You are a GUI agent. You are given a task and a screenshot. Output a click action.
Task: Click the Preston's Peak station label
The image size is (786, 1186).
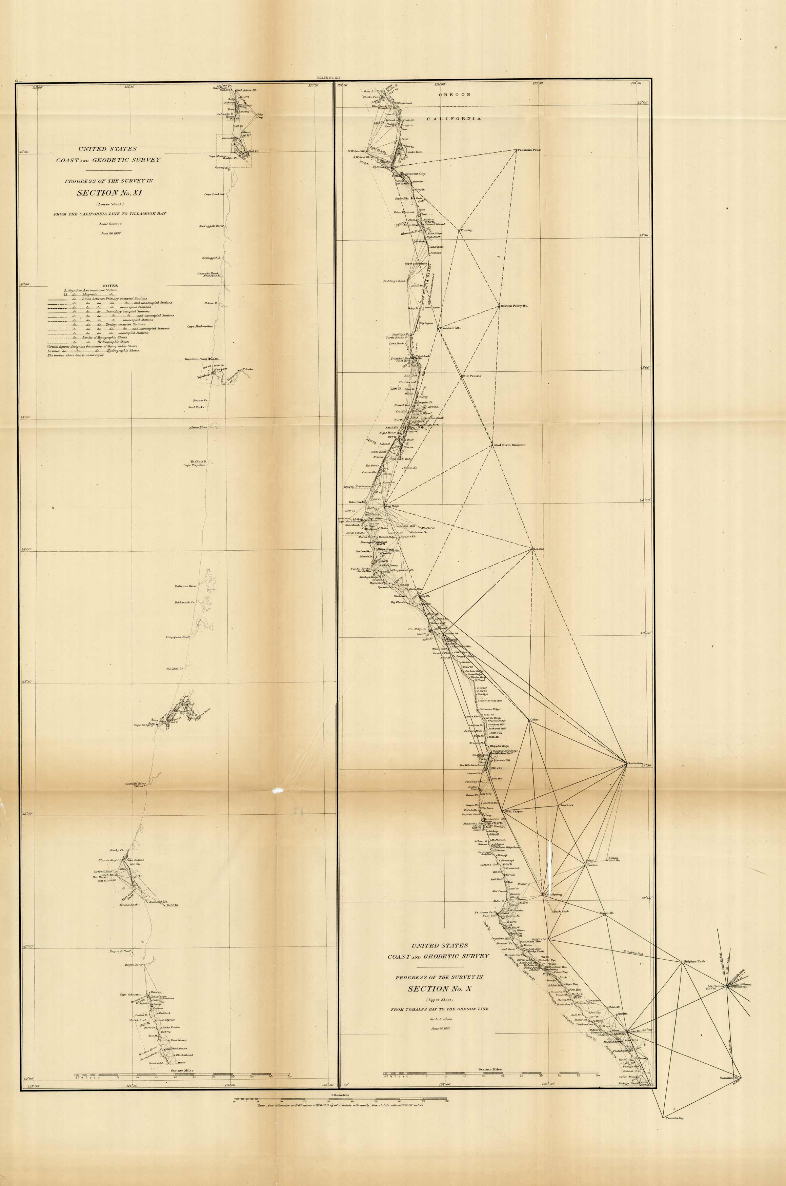(x=529, y=150)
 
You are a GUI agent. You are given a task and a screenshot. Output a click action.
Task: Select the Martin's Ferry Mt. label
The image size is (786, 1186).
(x=514, y=306)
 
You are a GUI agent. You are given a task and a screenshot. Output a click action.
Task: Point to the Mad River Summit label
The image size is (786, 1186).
(x=510, y=445)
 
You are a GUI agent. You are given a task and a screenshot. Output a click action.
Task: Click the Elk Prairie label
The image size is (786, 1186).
(x=472, y=376)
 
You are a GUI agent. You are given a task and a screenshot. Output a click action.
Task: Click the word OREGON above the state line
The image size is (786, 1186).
(x=455, y=94)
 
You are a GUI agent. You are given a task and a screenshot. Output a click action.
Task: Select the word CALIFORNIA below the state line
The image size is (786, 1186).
(x=454, y=119)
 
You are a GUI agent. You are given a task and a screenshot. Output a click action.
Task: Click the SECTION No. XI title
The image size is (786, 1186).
(x=105, y=193)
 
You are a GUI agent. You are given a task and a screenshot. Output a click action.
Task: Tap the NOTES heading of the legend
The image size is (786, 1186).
(x=110, y=286)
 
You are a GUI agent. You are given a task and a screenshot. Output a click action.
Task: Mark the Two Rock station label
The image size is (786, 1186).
(x=566, y=805)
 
